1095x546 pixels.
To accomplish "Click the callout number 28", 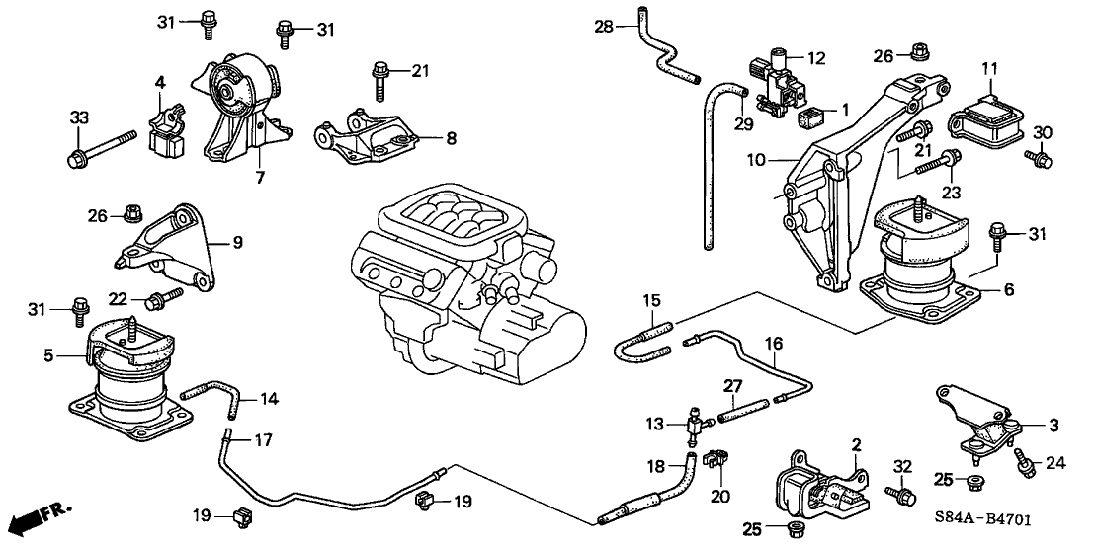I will click(x=603, y=26).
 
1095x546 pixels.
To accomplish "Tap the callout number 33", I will click(x=79, y=117).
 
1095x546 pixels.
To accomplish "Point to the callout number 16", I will click(x=774, y=344).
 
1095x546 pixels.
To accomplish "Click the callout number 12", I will click(x=815, y=58).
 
